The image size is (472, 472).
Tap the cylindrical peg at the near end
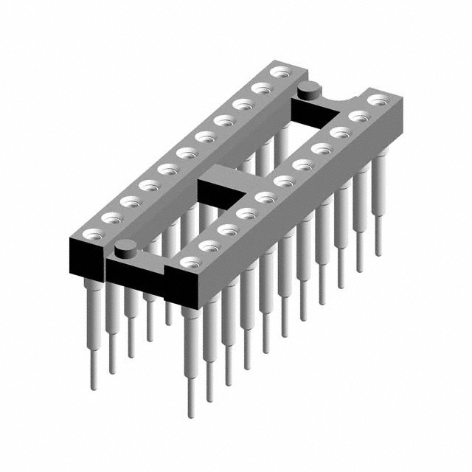(x=125, y=249)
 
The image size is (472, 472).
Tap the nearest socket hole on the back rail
(x=92, y=235)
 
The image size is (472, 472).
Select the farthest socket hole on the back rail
(x=280, y=72)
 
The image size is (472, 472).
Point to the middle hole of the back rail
(x=187, y=153)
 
